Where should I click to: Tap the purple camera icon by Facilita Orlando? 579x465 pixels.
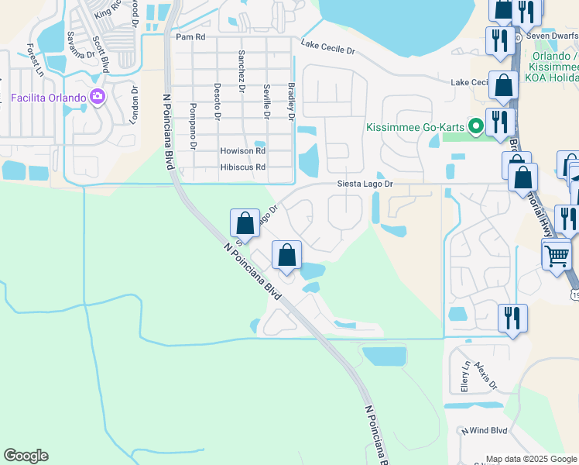point(98,97)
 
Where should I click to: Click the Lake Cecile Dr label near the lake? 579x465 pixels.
point(327,49)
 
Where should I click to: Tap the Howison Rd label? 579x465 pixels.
point(242,151)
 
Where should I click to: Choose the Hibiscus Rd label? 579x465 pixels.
point(242,167)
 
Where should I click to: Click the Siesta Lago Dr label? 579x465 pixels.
point(365,184)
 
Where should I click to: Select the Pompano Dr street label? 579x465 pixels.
point(194,129)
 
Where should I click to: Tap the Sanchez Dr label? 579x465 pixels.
point(242,71)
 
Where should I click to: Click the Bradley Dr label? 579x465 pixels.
point(291,101)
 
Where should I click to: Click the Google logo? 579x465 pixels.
point(26,456)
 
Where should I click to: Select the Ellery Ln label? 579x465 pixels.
point(466,378)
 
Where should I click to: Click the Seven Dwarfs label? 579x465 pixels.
point(552,35)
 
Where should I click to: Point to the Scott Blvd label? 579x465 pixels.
point(101,53)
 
